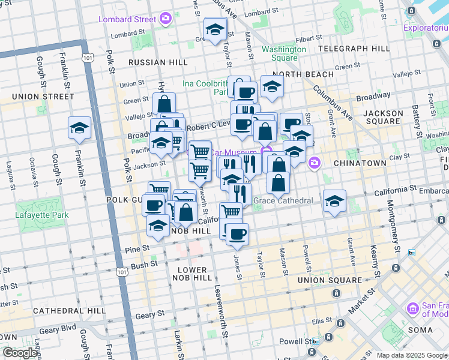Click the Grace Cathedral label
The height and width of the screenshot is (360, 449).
click(283, 200)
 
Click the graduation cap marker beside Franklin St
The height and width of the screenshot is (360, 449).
click(79, 128)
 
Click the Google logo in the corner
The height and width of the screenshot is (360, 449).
click(20, 352)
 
